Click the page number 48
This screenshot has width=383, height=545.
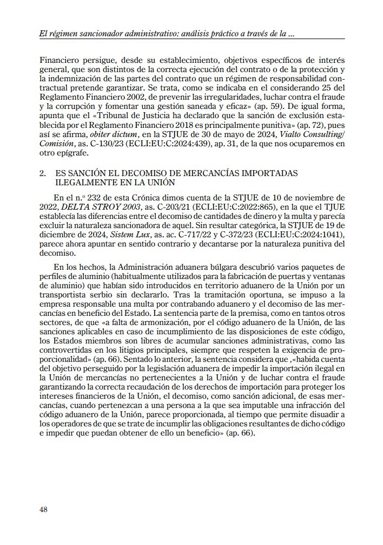[x=44, y=509]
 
